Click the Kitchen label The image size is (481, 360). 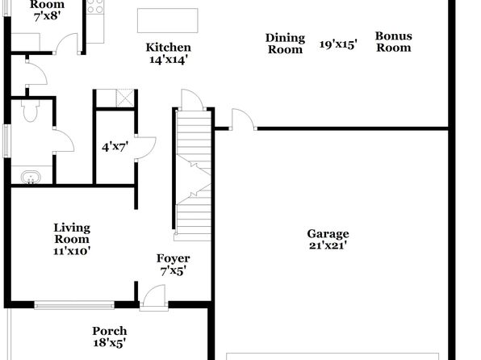tap(168, 48)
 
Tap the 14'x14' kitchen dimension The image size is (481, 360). tap(168, 59)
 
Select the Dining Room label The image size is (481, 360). tap(285, 44)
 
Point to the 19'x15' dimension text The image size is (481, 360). tap(338, 44)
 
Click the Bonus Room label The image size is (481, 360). tap(394, 42)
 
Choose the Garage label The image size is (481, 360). tap(328, 234)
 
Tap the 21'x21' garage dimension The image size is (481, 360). tap(328, 245)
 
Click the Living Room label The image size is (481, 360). tap(72, 233)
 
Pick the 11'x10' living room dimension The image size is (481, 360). tap(72, 251)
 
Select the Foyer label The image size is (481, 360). tap(173, 258)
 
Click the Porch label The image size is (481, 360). tap(110, 331)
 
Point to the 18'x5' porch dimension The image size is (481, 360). tap(110, 342)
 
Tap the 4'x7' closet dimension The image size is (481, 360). tap(115, 147)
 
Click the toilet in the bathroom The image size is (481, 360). tap(31, 111)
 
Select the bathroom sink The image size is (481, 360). tap(31, 178)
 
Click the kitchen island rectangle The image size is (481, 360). tap(168, 20)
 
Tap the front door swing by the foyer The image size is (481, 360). tap(154, 295)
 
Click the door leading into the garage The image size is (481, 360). tap(243, 119)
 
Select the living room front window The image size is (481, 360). tap(74, 305)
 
